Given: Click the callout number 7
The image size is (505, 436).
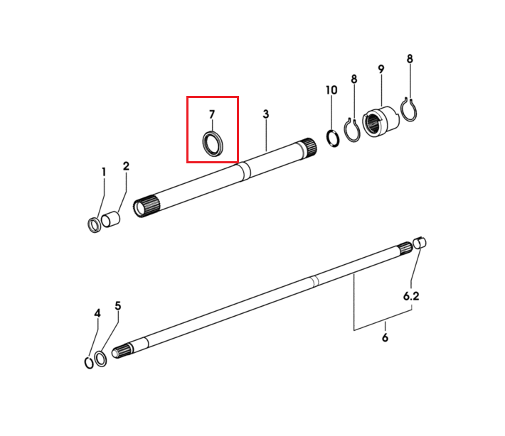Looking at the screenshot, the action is point(211,114).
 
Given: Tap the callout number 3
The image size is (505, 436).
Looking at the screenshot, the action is point(266,114).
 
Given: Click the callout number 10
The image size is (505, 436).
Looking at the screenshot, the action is point(331,90).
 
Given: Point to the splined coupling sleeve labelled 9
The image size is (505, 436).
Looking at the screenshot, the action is point(381,123).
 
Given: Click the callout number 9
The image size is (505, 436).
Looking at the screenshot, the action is point(381,69).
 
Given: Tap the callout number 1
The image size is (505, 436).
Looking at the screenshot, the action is point(104,172).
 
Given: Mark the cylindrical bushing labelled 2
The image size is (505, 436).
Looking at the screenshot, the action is point(110,219).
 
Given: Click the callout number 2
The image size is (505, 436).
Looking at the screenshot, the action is point(126,166).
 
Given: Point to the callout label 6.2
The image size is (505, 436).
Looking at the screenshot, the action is point(411,296).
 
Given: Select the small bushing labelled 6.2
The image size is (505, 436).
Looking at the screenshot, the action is point(420,243).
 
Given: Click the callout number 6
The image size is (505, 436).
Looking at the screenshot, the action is point(386,337).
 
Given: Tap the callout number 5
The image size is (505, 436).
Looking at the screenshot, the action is point(118,306).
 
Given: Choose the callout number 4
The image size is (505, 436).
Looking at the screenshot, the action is point(97,313).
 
